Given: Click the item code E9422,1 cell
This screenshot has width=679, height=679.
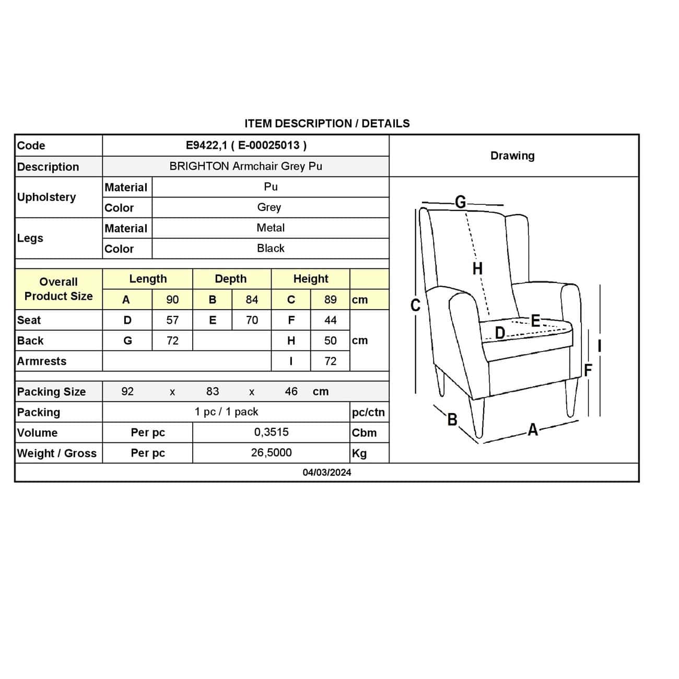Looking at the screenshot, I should coord(246,145).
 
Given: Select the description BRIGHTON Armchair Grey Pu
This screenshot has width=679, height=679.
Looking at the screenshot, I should coord(245,166).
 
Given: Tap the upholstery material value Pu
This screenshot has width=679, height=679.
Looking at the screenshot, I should coord(271,186).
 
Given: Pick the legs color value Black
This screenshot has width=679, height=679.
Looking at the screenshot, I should coord(271,248).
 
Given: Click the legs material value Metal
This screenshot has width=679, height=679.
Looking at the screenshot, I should coord(271,228).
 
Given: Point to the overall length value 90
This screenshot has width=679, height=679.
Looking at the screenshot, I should coord(172,300).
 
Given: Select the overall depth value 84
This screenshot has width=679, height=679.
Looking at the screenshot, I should coord(252,300).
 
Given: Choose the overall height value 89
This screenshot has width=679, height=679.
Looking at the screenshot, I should coord(330,300).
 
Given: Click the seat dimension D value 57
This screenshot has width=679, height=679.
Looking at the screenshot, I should coord(172,320).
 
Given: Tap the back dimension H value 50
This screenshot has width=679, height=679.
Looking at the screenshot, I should coord(330,341).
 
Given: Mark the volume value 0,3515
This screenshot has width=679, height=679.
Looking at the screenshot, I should coord(271,432).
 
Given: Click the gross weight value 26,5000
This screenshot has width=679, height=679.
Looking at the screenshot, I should coord(271,452).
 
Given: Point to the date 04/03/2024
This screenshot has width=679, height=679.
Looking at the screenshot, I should coord(327,472).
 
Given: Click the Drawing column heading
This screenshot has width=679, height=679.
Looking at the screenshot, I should coord(512,156).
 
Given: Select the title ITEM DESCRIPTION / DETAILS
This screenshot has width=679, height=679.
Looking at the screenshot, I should coord(327,124).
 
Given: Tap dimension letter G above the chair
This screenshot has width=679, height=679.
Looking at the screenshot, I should coord(460,202).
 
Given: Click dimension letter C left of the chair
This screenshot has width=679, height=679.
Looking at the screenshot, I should coord(415,305).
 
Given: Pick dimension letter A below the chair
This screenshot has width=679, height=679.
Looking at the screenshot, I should coord(533,429).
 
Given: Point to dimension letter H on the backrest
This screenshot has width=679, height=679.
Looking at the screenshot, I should coord(477,268).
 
